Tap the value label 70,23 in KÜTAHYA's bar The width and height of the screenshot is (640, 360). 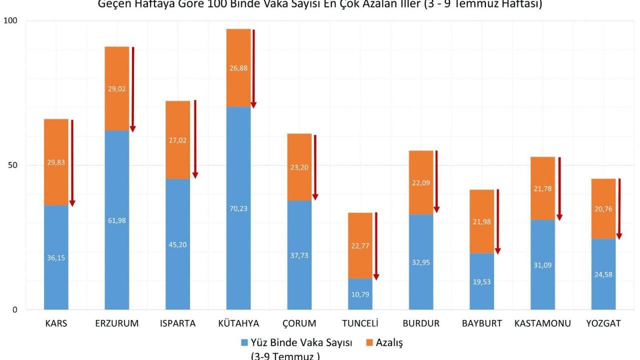click(238, 209)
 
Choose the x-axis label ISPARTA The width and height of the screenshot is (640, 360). click(178, 323)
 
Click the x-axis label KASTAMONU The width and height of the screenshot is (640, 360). click(542, 323)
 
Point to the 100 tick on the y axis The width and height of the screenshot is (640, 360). click(10, 21)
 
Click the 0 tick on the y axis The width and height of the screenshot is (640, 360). click(14, 310)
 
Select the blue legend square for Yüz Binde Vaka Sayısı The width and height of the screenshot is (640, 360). click(244, 343)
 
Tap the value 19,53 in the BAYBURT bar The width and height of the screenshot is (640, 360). click(482, 282)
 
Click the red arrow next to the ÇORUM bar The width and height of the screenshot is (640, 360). click(315, 167)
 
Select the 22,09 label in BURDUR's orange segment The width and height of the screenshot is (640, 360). click(421, 183)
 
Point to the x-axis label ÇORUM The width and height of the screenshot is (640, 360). click(299, 323)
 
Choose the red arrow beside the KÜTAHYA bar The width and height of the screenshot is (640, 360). click(253, 68)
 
